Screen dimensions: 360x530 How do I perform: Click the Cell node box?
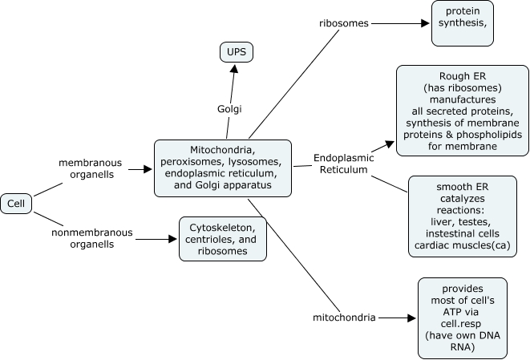click(16, 204)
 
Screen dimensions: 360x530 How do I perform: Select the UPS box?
click(237, 53)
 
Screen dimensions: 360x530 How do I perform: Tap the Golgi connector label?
click(230, 108)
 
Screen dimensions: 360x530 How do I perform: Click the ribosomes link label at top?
click(342, 23)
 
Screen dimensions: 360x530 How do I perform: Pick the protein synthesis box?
click(463, 23)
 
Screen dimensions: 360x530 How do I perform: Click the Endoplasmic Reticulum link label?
click(340, 164)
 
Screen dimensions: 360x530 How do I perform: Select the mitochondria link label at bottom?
click(344, 318)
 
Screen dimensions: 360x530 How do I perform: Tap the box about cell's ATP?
click(462, 318)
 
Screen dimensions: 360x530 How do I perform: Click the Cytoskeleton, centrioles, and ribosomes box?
click(223, 238)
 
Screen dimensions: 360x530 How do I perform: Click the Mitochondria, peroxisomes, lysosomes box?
click(222, 168)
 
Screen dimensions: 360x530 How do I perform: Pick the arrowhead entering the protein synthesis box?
click(426, 23)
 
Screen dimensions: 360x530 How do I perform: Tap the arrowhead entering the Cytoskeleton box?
click(172, 238)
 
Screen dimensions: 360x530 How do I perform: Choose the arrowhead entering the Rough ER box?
click(391, 145)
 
